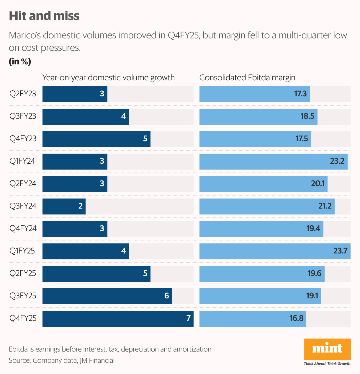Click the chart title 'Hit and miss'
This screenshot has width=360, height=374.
coord(44,16)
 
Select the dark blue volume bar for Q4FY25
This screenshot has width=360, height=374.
coord(118,319)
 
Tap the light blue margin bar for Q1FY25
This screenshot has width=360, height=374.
coord(275,251)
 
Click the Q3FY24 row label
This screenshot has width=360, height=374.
coord(23,206)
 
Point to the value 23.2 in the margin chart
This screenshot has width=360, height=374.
coord(337,161)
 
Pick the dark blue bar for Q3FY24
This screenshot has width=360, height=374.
coord(64,206)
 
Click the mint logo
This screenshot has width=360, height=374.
coord(327,349)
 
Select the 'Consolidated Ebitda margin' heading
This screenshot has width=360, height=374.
coord(247,78)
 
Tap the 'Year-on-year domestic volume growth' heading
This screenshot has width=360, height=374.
coord(109,78)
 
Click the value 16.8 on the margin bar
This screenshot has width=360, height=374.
coord(296,318)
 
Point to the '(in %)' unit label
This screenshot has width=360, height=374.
coord(20,61)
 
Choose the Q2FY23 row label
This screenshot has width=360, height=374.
coord(23,94)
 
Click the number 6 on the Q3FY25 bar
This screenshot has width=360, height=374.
coord(166,296)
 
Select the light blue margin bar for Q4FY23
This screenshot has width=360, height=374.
coord(255,139)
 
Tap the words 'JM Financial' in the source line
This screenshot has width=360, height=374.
coord(97,360)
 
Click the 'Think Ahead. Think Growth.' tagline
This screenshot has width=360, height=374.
coord(327,364)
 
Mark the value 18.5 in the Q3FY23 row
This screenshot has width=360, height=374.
coord(307,116)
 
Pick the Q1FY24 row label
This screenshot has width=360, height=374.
coord(22,161)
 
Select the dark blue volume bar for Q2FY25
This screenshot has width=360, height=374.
coord(96,274)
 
